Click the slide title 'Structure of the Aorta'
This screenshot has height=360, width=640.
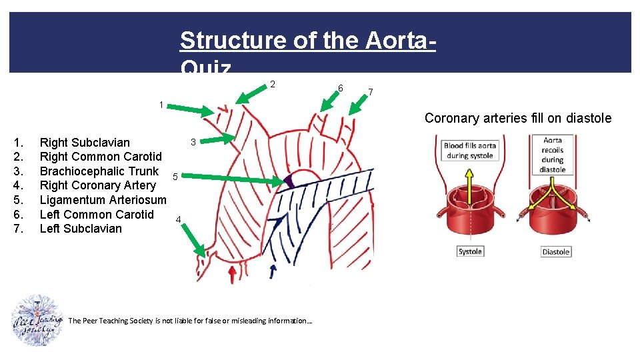pos(308,41)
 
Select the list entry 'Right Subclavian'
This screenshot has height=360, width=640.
pos(85,142)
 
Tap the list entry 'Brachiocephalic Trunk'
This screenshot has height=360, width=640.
pos(99,171)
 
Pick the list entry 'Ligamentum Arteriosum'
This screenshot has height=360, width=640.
pos(103,199)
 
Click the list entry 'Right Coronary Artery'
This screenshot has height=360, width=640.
pos(97,185)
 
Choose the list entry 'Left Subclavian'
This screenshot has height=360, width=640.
pos(81,229)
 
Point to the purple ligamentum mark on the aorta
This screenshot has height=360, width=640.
pos(289,181)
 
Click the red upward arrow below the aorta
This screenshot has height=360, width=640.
pos(232,273)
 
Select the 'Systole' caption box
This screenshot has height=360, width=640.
pos(470,251)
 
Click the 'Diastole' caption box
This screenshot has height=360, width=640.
pos(555,251)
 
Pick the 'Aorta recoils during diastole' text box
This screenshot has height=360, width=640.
pos(553,155)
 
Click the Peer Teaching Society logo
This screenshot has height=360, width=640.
pos(37,320)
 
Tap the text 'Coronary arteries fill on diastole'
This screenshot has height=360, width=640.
pos(517,118)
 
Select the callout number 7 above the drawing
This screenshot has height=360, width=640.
pos(371,91)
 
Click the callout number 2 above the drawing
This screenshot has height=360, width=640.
pos(272,84)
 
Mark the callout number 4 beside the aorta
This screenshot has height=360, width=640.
pos(178,219)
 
